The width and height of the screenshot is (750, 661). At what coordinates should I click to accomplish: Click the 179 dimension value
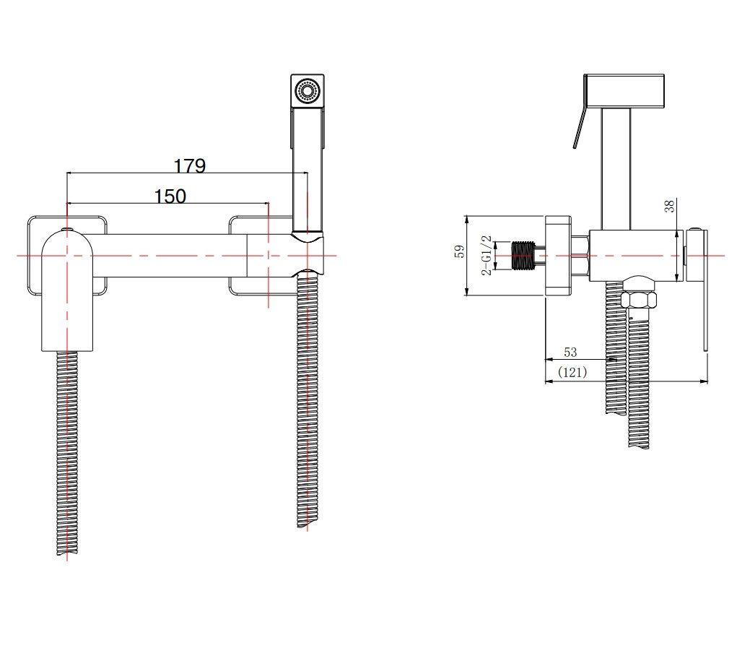pyautogui.click(x=189, y=165)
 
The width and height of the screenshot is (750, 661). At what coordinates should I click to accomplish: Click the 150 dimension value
pyautogui.click(x=170, y=196)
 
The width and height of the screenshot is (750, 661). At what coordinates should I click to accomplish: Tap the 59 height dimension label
pyautogui.click(x=459, y=251)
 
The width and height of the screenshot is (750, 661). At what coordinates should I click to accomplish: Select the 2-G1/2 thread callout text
pyautogui.click(x=486, y=255)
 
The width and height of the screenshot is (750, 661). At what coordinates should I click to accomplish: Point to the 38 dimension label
pyautogui.click(x=670, y=207)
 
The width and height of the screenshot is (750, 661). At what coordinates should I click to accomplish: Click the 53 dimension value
pyautogui.click(x=570, y=353)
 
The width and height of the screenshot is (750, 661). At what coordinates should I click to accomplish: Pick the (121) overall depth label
pyautogui.click(x=572, y=372)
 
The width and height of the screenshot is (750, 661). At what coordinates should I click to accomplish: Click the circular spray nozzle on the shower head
pyautogui.click(x=307, y=90)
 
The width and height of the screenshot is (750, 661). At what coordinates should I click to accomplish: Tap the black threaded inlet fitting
pyautogui.click(x=523, y=256)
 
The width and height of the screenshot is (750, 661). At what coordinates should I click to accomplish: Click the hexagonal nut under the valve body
pyautogui.click(x=638, y=300)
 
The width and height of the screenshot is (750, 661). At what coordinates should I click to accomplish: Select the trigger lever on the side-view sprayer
pyautogui.click(x=579, y=128)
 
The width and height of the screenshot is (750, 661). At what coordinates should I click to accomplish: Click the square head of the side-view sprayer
pyautogui.click(x=624, y=90)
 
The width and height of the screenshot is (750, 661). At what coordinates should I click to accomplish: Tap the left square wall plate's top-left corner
pyautogui.click(x=28, y=217)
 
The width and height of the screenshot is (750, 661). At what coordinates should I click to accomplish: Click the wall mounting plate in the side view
pyautogui.click(x=558, y=256)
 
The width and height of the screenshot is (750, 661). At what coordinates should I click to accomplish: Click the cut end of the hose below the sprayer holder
pyautogui.click(x=307, y=525)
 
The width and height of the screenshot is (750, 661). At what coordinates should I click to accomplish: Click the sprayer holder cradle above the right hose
pyautogui.click(x=308, y=254)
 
